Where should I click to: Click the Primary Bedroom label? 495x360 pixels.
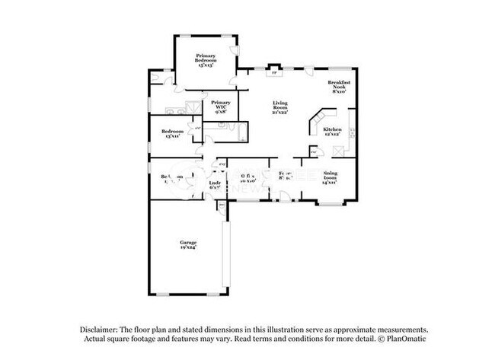[x=206, y=59]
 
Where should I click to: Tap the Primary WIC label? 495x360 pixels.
[x=221, y=105]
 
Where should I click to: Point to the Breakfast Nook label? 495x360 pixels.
[x=337, y=87]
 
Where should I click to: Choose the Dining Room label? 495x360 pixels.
[x=330, y=177]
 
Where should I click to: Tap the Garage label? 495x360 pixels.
[x=188, y=244]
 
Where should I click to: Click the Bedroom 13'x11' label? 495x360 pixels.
[x=171, y=134]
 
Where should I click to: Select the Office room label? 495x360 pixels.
[x=247, y=180]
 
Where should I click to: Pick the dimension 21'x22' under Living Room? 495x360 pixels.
[x=282, y=113]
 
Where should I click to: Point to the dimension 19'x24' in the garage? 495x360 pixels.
[x=188, y=248]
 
